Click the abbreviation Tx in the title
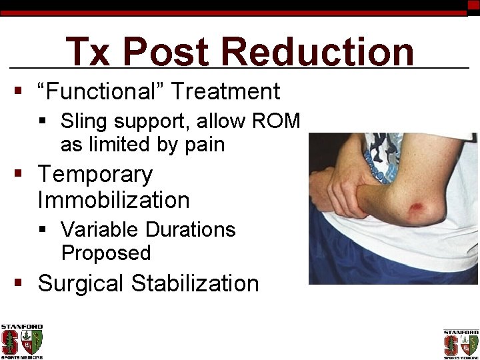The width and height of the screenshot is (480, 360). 88,51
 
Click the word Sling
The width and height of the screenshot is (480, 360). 83,121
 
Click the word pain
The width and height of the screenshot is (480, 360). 204,144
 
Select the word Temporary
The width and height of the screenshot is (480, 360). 95,174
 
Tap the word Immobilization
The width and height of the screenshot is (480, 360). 113,199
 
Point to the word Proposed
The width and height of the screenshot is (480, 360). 106,253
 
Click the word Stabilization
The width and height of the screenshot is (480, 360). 195,283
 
